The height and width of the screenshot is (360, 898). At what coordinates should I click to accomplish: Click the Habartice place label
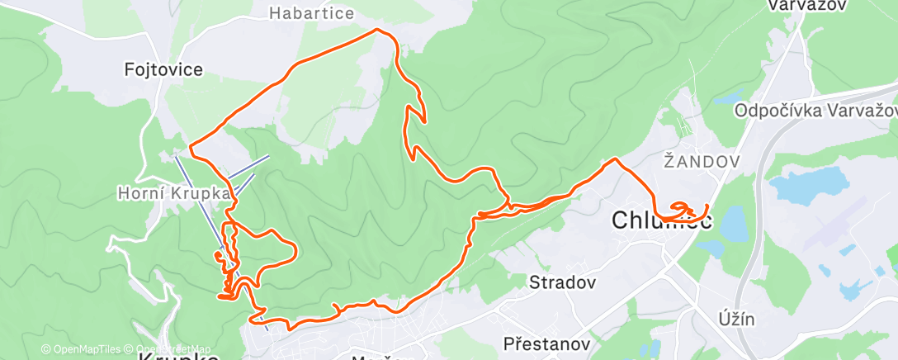coord(312,13)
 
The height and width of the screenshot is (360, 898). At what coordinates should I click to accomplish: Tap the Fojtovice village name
coord(163,69)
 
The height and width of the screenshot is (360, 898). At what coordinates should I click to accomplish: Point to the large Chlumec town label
coord(662,220)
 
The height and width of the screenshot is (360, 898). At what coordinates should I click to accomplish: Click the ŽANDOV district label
coord(701,163)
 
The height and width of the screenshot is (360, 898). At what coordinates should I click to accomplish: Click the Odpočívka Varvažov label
coord(814,111)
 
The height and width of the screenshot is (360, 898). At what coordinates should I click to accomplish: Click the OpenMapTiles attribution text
coord(80,349)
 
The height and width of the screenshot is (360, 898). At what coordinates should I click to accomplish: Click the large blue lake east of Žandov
coord(808,186)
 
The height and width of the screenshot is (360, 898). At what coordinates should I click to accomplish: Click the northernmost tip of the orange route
coord(379,30)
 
